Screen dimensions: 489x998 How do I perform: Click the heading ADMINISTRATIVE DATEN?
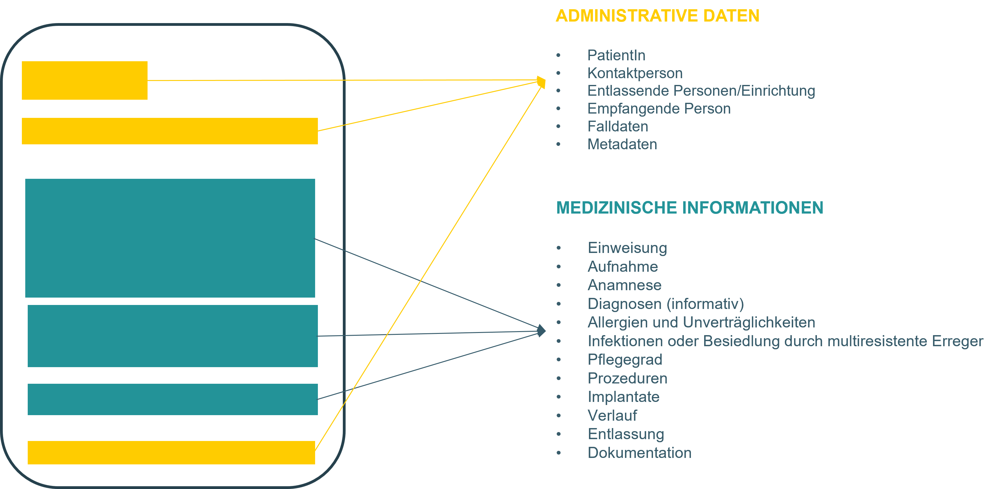pos(657,16)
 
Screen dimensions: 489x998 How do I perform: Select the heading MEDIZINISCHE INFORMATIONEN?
pos(690,208)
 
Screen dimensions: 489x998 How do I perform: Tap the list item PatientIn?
pos(616,55)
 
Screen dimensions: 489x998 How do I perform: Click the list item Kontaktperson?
pos(635,73)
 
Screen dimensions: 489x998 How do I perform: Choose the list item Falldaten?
pos(618,126)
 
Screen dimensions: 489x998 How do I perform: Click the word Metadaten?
pos(622,144)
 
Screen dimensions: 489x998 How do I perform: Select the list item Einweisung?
pos(627,248)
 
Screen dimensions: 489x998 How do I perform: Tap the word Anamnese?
pos(624,285)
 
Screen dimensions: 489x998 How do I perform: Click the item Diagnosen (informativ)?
pos(666,304)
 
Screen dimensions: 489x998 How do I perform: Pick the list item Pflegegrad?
pos(625,360)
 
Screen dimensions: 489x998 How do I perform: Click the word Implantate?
pos(623,397)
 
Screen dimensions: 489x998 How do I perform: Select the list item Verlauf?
pos(612,415)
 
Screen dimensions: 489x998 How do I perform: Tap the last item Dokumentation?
pos(639,453)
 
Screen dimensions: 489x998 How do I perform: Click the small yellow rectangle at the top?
pos(84,81)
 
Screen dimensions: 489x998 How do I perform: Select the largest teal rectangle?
pos(170,238)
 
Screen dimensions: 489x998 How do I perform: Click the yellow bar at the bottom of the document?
pos(171,453)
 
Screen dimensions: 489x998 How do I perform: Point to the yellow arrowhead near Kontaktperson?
pos(542,82)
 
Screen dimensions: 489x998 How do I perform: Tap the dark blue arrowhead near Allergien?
pos(542,331)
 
